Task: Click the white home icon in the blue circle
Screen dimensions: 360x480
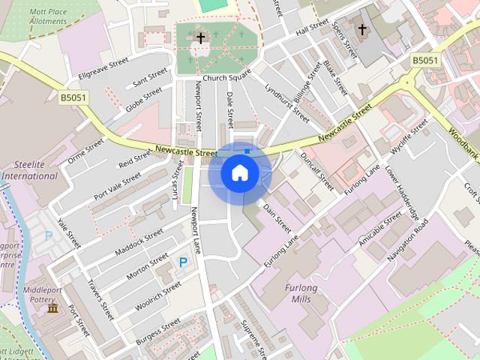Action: [x=239, y=173]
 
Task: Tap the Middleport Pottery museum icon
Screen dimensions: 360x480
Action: [x=52, y=308]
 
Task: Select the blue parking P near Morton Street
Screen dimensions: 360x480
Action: [x=183, y=262]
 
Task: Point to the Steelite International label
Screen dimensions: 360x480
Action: [x=29, y=170]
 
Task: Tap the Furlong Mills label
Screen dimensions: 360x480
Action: [x=301, y=293]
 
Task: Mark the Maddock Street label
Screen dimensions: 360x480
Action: [x=139, y=242]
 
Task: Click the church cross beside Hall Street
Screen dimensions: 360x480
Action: [x=362, y=29]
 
